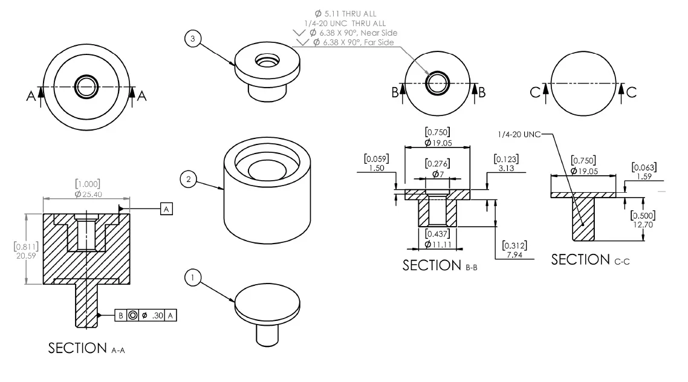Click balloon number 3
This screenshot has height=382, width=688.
(192, 39)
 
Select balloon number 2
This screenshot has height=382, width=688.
(189, 179)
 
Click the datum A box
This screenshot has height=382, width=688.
(167, 209)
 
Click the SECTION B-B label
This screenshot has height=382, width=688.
(440, 265)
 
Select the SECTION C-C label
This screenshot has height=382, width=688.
(589, 260)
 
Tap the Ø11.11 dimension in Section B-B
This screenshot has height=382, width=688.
(438, 244)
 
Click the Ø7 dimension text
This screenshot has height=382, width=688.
(438, 173)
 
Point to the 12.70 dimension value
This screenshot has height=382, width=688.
(642, 225)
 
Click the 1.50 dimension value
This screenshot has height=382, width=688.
(376, 168)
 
